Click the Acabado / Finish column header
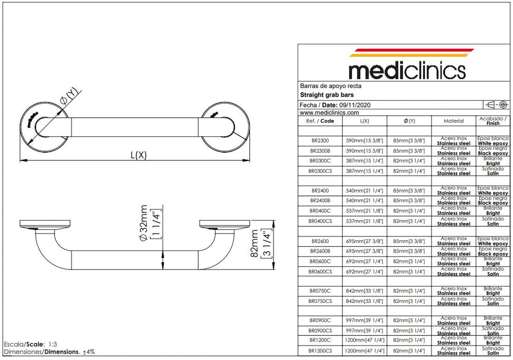(492, 121)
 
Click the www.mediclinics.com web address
(329, 112)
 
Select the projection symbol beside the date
(497, 105)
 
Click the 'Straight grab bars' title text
(326, 95)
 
